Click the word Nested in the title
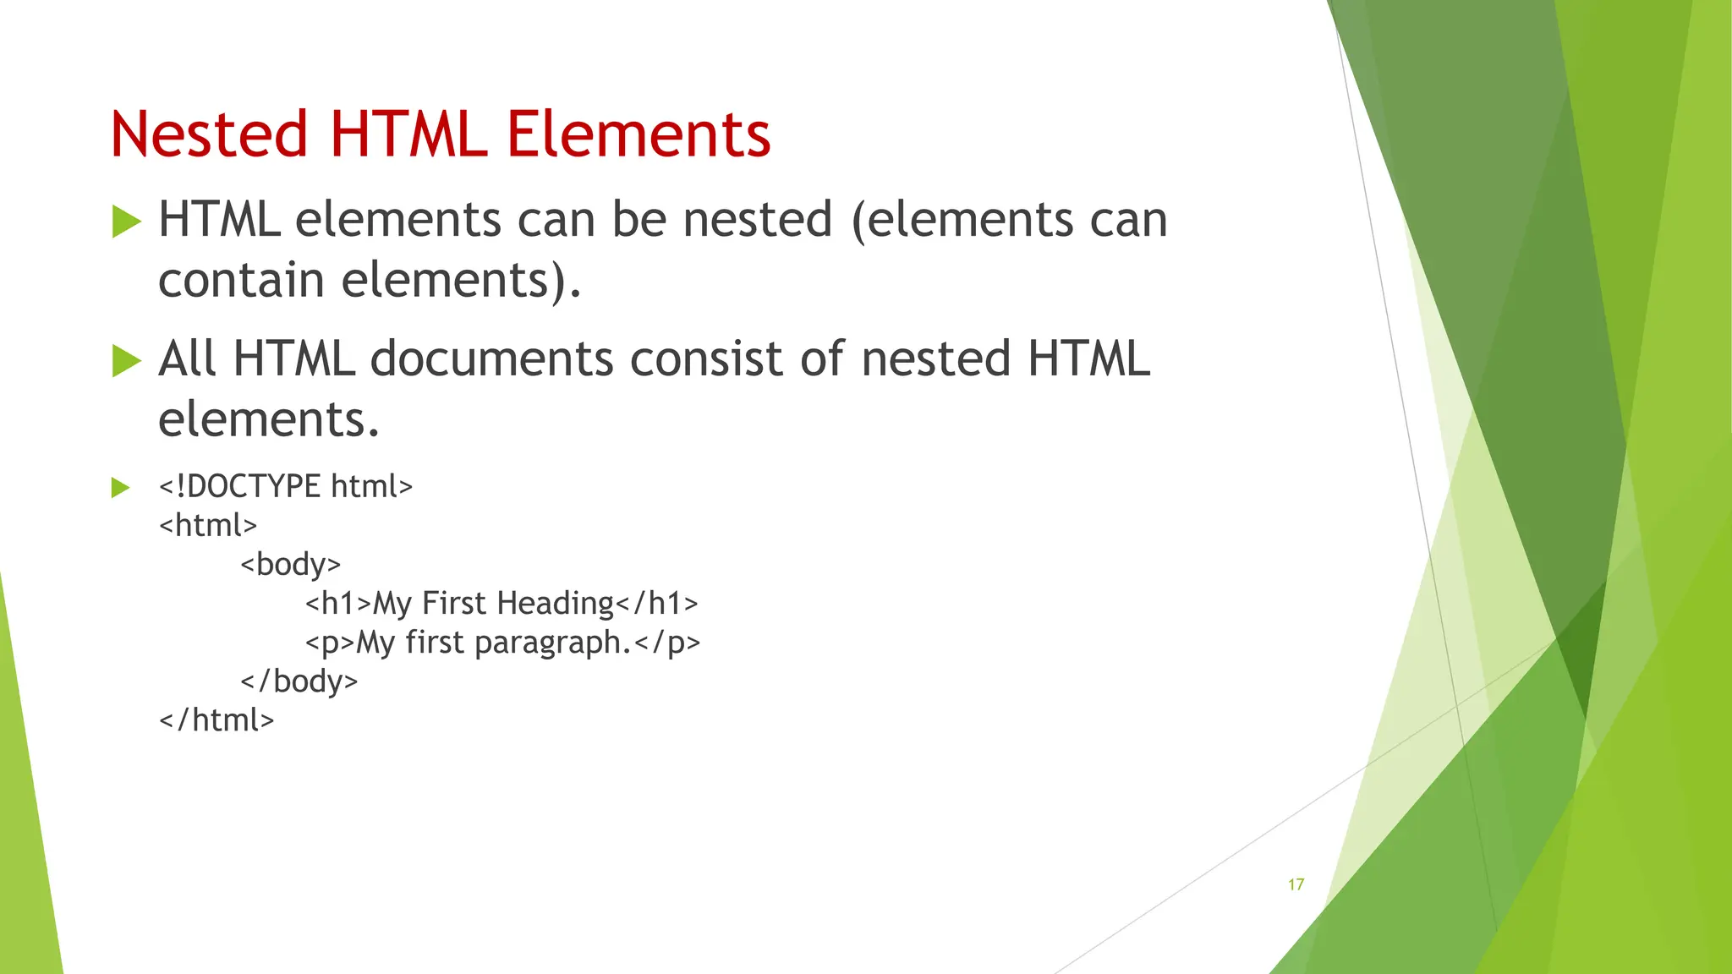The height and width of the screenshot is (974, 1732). click(209, 134)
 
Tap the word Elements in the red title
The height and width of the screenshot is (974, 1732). click(639, 134)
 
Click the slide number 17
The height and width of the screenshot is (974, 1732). click(1296, 884)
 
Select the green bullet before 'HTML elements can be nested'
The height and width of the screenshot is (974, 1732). click(126, 222)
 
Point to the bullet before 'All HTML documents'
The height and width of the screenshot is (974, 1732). click(126, 361)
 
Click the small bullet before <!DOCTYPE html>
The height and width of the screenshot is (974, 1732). click(120, 488)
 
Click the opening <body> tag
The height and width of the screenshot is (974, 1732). click(290, 564)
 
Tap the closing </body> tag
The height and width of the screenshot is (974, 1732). click(299, 681)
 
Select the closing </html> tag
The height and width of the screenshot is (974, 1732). click(216, 720)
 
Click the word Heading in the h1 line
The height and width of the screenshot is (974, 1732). click(555, 603)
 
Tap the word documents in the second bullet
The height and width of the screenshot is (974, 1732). click(491, 358)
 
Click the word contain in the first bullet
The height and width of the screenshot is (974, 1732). click(241, 280)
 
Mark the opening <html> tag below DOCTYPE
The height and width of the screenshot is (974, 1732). click(208, 525)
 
